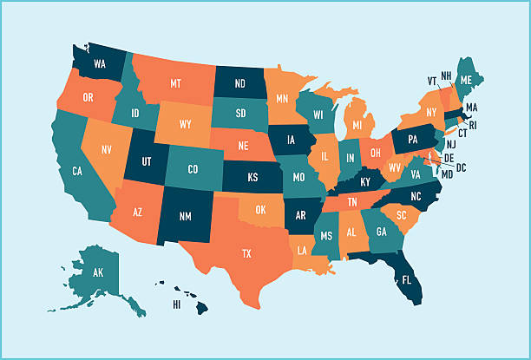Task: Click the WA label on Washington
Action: click(x=100, y=63)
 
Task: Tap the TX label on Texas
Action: click(x=246, y=254)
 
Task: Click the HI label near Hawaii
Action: click(x=177, y=304)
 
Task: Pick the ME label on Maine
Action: click(x=467, y=79)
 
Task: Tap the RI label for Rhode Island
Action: click(x=474, y=125)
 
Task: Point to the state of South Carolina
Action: click(x=401, y=214)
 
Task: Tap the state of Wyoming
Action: click(x=186, y=124)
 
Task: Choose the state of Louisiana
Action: click(x=304, y=250)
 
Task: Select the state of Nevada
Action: click(x=105, y=149)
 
